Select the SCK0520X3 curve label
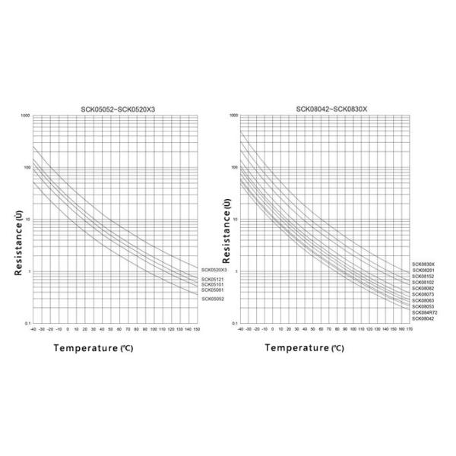pos(214,270)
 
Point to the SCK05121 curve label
pos(212,280)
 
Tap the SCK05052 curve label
pos(212,299)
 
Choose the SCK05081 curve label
pos(212,290)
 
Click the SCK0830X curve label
pos(423,264)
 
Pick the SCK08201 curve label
pos(423,271)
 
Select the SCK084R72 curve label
pos(423,312)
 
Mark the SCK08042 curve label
pos(423,318)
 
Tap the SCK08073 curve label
pos(423,294)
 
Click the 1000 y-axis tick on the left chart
pos(25,116)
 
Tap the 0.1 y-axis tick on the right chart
pos(234,325)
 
